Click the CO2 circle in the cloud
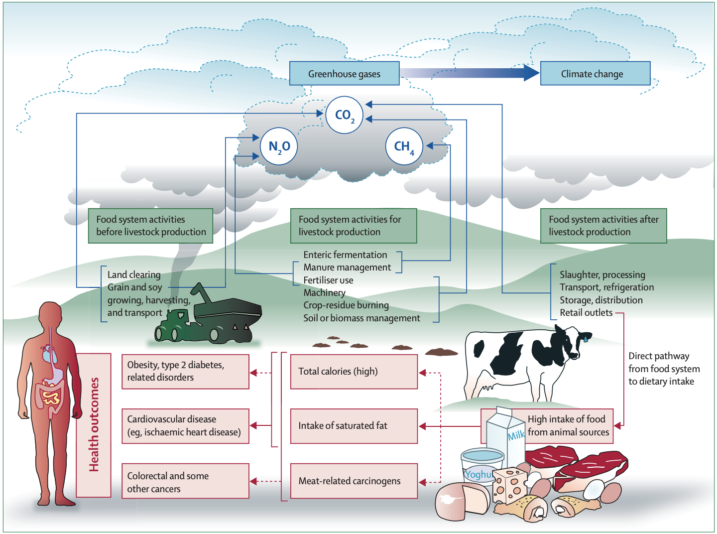tap(344, 115)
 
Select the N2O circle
tap(279, 146)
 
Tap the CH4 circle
tap(404, 146)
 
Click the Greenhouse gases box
tap(344, 73)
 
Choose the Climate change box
tap(595, 73)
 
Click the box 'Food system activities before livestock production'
tap(151, 226)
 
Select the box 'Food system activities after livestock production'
tap(603, 226)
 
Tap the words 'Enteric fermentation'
tap(345, 255)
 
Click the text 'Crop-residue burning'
tap(346, 305)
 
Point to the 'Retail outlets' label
tap(586, 313)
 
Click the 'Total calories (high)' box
tap(354, 372)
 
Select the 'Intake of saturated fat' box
tap(354, 426)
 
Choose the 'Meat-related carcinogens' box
tap(354, 481)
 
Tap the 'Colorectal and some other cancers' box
tap(185, 481)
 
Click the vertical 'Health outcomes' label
tap(94, 425)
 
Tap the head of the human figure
tap(50, 315)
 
